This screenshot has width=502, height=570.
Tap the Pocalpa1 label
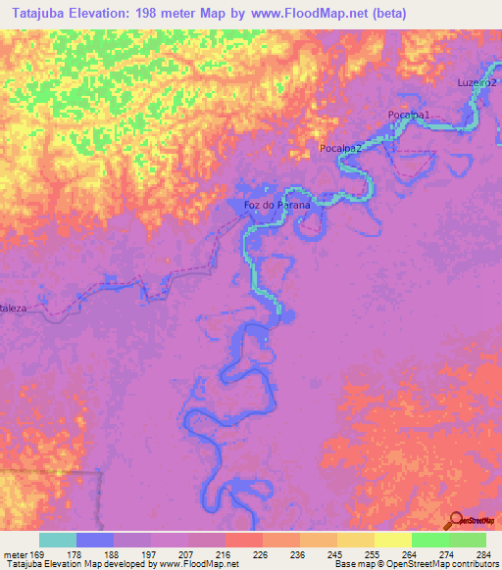(x=409, y=116)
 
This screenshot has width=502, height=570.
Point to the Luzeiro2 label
(x=477, y=82)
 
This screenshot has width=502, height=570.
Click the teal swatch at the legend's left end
(x=58, y=540)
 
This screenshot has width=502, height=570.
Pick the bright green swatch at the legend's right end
(x=468, y=540)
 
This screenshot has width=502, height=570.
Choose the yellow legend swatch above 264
(x=393, y=540)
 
